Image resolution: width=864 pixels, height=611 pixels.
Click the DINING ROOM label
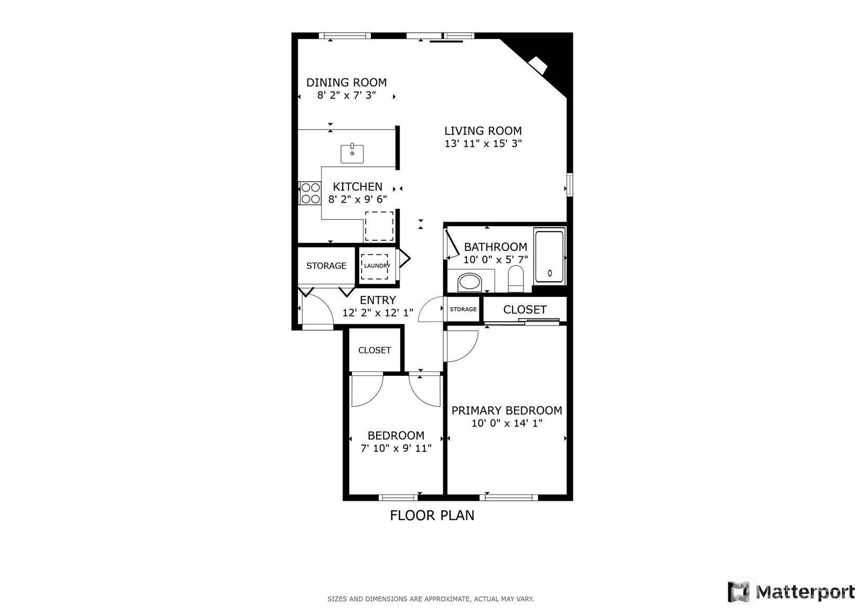click(x=346, y=82)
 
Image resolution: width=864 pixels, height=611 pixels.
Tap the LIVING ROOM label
click(x=483, y=131)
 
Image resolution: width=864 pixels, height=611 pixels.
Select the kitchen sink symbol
click(x=352, y=153)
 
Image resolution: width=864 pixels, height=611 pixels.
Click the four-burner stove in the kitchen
click(x=310, y=193)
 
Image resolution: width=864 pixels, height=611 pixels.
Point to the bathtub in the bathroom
click(x=549, y=257)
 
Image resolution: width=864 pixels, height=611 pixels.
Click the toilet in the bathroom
click(x=516, y=278)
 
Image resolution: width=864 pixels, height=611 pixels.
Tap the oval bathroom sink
click(x=470, y=283)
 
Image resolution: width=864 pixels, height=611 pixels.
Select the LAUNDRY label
click(x=377, y=266)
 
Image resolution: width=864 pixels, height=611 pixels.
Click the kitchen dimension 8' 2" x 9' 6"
click(x=358, y=199)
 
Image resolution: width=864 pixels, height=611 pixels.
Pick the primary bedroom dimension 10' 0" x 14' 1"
click(x=507, y=424)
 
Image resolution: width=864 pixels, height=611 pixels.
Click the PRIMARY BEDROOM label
click(x=507, y=410)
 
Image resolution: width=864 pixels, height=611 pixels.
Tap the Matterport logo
click(x=791, y=592)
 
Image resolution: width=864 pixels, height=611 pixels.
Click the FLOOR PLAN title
click(x=432, y=515)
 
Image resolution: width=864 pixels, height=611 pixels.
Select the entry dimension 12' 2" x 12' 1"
click(x=378, y=313)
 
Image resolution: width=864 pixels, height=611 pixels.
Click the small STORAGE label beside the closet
click(x=463, y=309)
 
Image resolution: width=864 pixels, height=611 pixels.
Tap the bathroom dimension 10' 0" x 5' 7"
click(x=496, y=260)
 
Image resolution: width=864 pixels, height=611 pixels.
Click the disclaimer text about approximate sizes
click(x=431, y=599)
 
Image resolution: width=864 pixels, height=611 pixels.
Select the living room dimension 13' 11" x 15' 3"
click(x=483, y=144)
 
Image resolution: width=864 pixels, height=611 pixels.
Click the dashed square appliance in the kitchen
click(x=379, y=226)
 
